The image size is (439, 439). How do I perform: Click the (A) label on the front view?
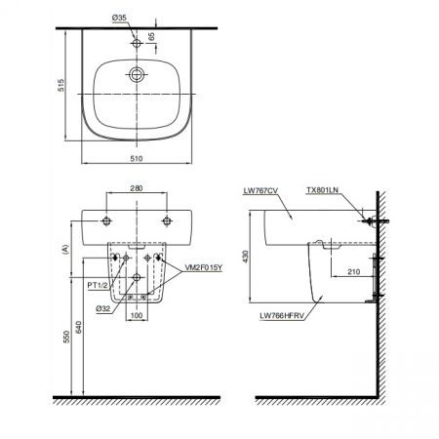click(x=63, y=250)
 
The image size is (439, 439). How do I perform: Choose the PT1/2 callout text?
click(x=96, y=285)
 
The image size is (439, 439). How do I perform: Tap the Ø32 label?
click(x=100, y=309)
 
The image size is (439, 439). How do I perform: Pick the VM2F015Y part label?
click(x=202, y=264)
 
